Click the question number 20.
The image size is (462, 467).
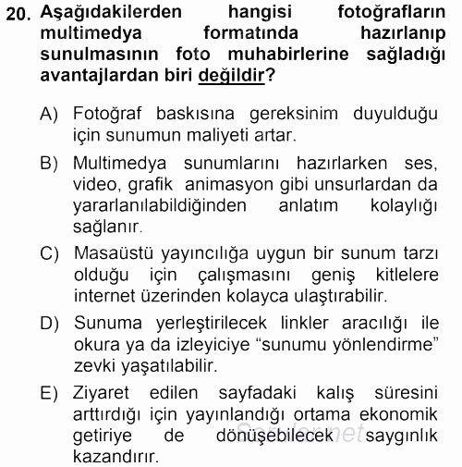click(18, 14)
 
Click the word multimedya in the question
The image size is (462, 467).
click(84, 34)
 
